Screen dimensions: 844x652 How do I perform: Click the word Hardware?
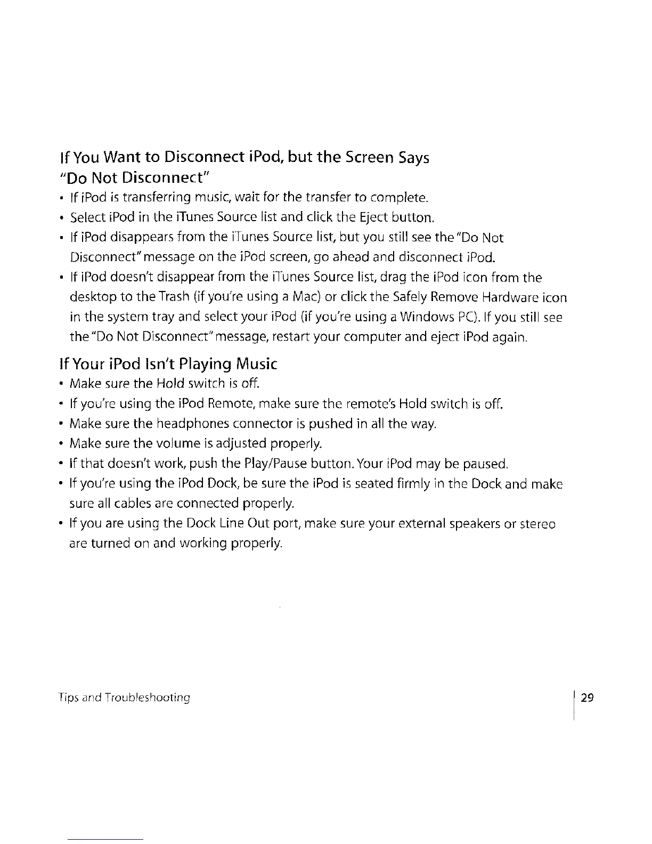505,297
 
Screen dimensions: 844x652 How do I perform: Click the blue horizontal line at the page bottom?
106,839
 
